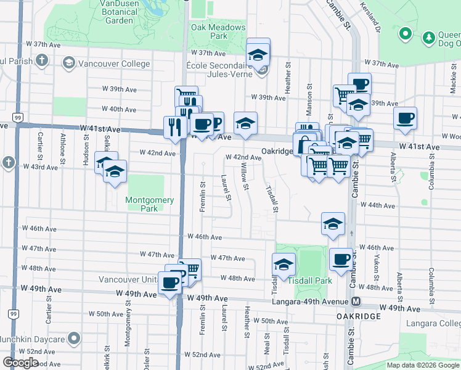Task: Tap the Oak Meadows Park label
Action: pos(209,31)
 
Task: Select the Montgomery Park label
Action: pos(150,204)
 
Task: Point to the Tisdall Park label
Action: pos(310,281)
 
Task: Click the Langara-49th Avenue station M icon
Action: pos(356,301)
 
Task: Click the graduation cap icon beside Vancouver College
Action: pos(68,63)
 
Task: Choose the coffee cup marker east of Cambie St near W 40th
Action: pos(405,118)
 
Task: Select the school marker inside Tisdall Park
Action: pos(284,265)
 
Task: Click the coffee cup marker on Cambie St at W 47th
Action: pos(341,259)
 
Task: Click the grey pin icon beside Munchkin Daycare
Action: pos(74,339)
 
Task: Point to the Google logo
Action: pos(21,363)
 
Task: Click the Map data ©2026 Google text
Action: pos(423,365)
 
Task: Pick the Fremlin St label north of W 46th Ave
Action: pos(202,197)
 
